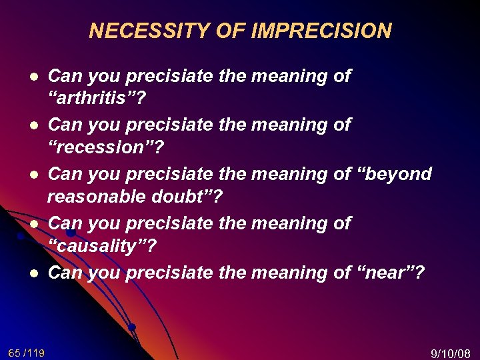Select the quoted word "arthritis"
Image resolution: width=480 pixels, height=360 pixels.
(99, 99)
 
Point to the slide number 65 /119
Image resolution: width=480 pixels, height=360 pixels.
(27, 352)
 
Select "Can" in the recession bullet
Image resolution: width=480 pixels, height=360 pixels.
(65, 124)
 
